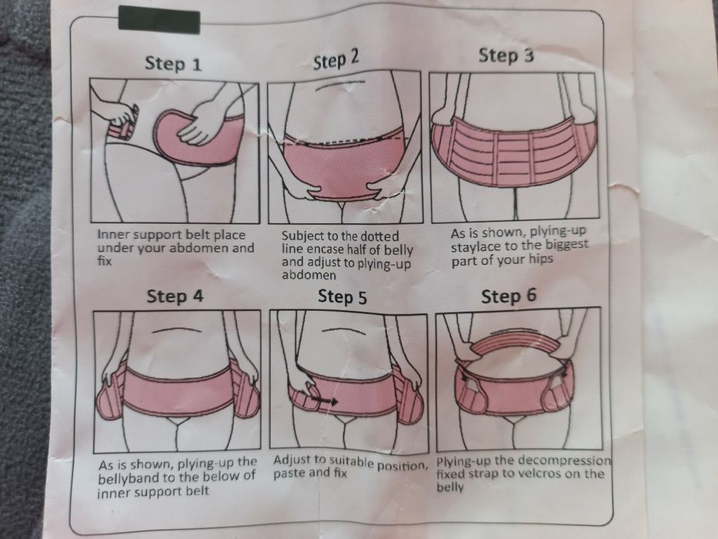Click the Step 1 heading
pos(173,63)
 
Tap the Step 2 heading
pos(336,59)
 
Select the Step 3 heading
pos(506,55)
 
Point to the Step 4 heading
pos(175,296)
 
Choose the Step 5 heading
pos(342,297)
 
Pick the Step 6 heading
pos(508,296)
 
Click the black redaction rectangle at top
pos(159,20)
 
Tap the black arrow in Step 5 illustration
pos(324,401)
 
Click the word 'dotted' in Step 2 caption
pos(379,236)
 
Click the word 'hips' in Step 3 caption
pos(541,259)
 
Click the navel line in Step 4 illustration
pos(176,330)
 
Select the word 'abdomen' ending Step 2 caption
pos(309,275)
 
